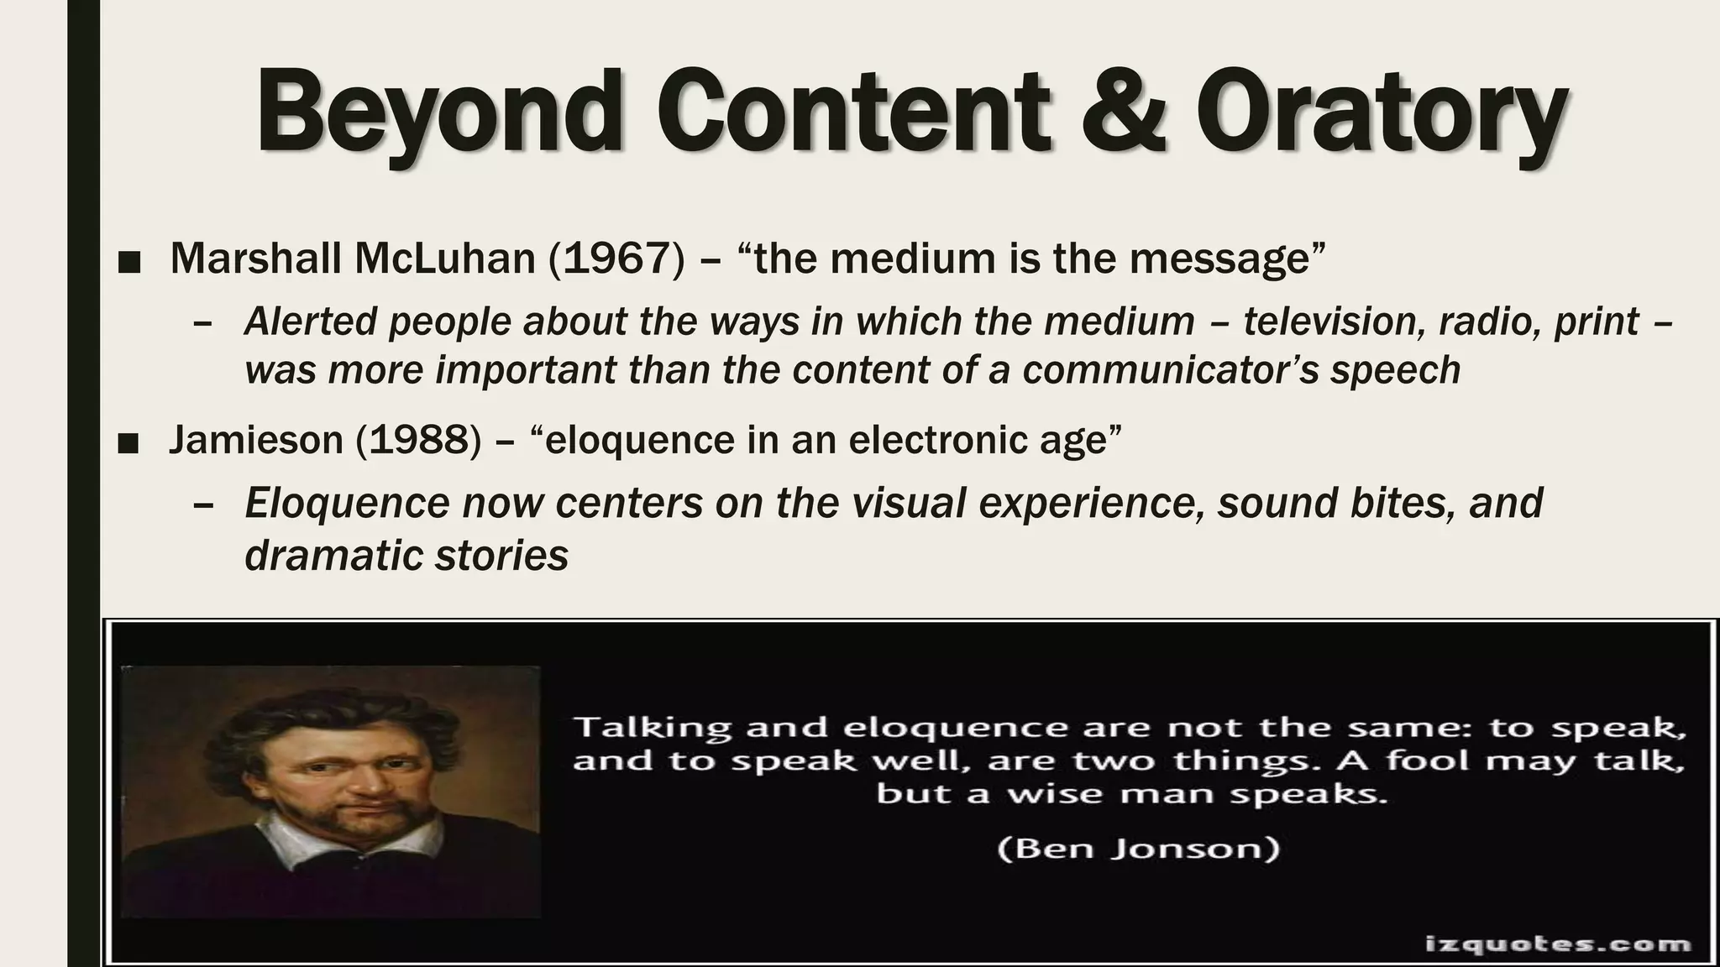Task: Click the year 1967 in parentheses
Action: [x=616, y=259]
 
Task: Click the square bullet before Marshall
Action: [x=129, y=263]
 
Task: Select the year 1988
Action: [x=418, y=440]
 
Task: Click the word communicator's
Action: [x=1172, y=370]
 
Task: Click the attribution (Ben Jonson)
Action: [x=1138, y=849]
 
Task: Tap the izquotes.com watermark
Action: [x=1558, y=943]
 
